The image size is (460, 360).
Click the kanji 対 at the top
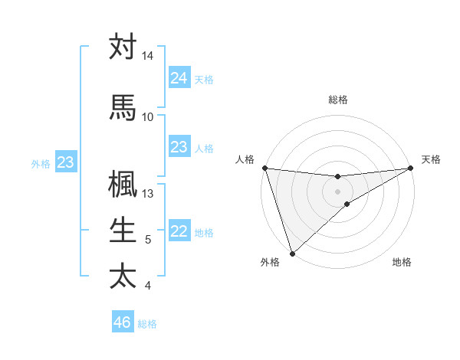click(x=123, y=47)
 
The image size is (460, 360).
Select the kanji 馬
click(x=123, y=108)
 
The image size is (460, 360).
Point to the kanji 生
click(x=123, y=230)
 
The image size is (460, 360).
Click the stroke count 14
click(x=148, y=57)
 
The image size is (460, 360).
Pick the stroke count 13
click(x=148, y=194)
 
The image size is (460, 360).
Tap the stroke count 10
click(x=148, y=117)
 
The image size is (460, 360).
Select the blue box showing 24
click(x=179, y=77)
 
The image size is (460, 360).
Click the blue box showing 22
click(x=179, y=231)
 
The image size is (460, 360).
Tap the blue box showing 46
click(x=123, y=322)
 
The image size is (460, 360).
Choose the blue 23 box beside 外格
click(x=66, y=162)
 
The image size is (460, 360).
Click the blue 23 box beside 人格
click(x=179, y=147)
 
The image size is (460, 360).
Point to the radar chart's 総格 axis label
click(x=338, y=100)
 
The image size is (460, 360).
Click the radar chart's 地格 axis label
click(x=402, y=263)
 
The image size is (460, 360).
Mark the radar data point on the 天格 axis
click(x=411, y=168)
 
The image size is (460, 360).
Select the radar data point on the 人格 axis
click(x=264, y=168)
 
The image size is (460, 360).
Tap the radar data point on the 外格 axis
click(x=292, y=254)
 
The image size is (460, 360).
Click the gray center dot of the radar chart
click(x=338, y=191)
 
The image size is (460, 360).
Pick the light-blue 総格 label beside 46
click(x=148, y=323)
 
